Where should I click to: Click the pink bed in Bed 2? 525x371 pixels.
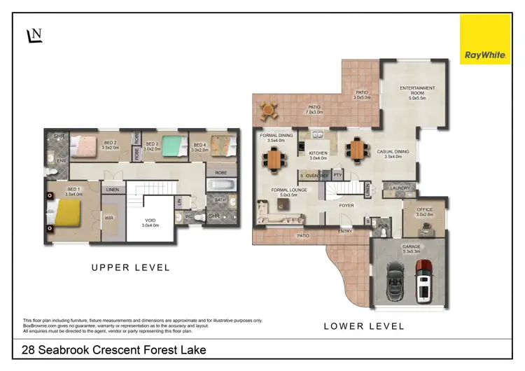point(87,146)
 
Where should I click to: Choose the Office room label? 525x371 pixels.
point(424,212)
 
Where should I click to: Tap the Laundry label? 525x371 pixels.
point(400,188)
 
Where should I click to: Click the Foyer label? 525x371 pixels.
point(346,206)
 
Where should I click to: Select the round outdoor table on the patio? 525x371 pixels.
point(267,108)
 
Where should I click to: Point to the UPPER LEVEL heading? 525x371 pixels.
point(132,267)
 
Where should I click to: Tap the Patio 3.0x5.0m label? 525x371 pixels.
point(361,94)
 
